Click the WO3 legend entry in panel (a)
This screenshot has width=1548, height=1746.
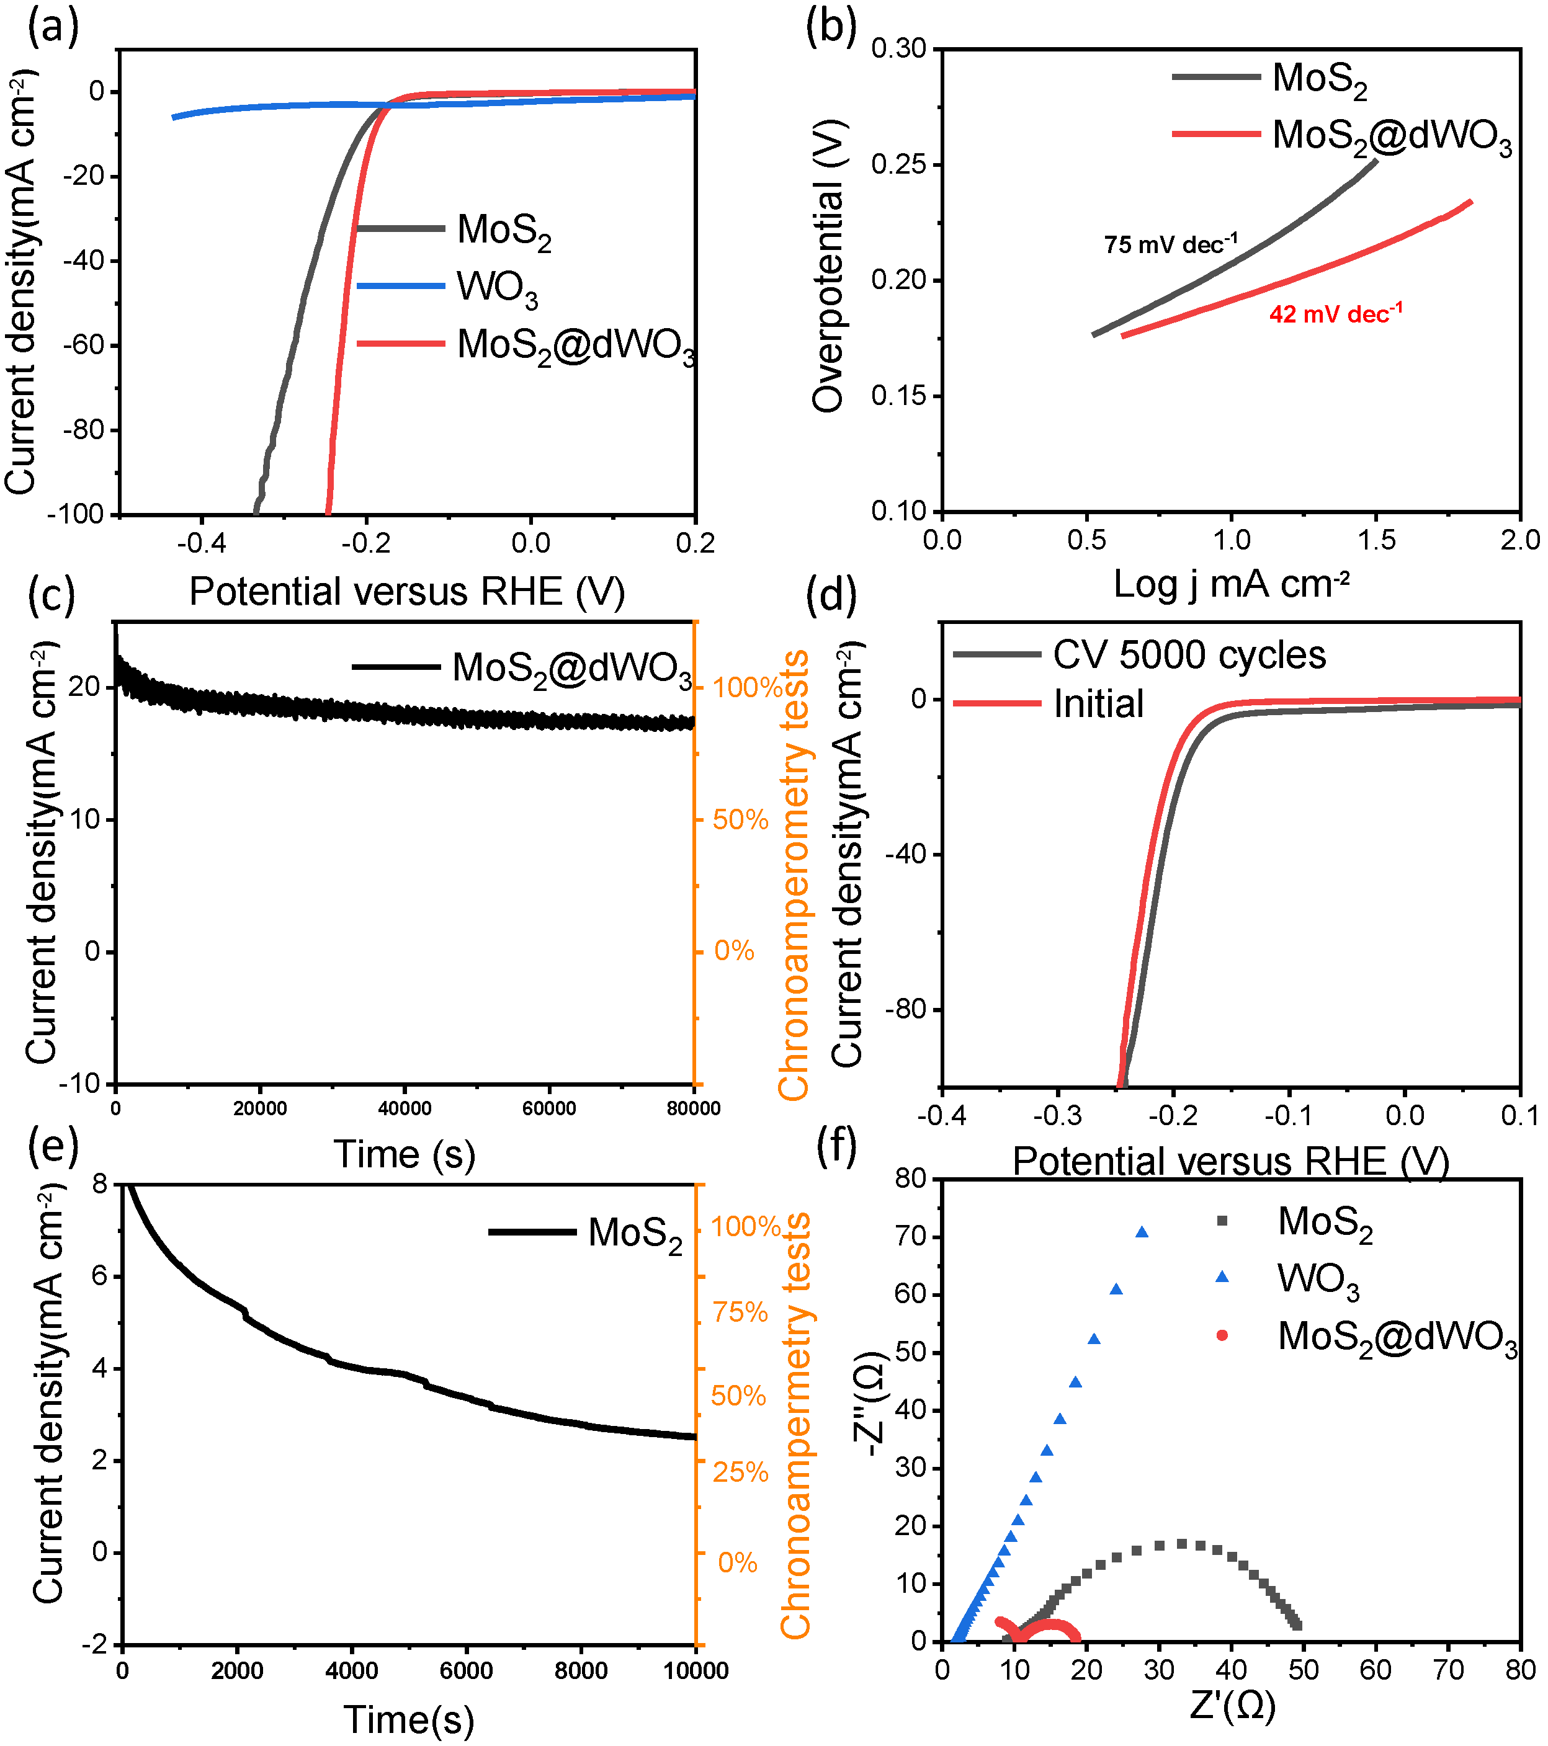click(496, 288)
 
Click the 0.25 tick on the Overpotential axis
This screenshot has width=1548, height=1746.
click(899, 164)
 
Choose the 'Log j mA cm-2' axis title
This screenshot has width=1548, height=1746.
click(1231, 584)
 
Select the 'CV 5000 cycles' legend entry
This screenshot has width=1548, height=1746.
click(1188, 655)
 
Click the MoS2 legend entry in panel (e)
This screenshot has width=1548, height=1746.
click(635, 1234)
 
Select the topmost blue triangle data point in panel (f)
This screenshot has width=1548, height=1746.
click(1142, 1232)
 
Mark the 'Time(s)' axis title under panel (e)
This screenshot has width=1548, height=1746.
click(408, 1719)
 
